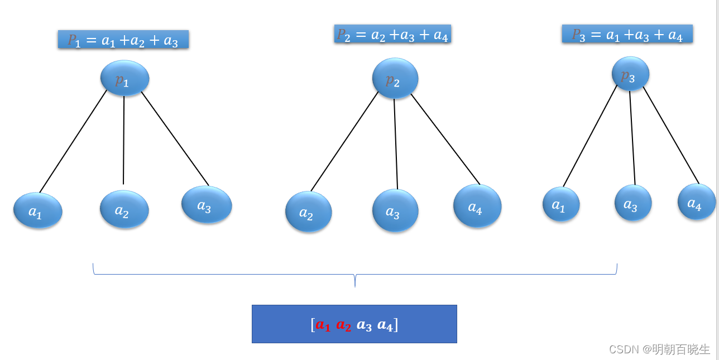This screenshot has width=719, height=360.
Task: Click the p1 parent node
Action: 124,78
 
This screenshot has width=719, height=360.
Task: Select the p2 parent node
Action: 395,79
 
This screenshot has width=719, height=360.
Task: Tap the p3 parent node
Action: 630,74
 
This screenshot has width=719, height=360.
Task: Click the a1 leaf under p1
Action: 37,210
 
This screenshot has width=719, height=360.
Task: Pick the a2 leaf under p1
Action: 124,209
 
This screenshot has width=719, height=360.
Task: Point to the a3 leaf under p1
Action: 207,205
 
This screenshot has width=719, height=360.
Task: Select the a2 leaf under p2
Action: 308,212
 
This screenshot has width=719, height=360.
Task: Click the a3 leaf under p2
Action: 395,211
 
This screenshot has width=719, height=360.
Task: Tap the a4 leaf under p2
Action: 477,207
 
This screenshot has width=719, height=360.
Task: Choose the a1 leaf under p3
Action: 561,204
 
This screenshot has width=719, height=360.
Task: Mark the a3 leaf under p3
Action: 633,203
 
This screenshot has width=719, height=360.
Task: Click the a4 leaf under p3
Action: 697,202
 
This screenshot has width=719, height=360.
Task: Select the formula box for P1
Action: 123,40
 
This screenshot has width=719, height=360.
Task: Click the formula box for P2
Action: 392,34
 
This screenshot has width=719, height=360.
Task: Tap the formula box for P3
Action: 627,34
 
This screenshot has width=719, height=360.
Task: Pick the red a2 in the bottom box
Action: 344,325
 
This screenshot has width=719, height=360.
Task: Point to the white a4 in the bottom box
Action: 385,325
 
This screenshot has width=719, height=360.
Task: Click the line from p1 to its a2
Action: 123,140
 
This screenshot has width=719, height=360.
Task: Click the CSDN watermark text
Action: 659,349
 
